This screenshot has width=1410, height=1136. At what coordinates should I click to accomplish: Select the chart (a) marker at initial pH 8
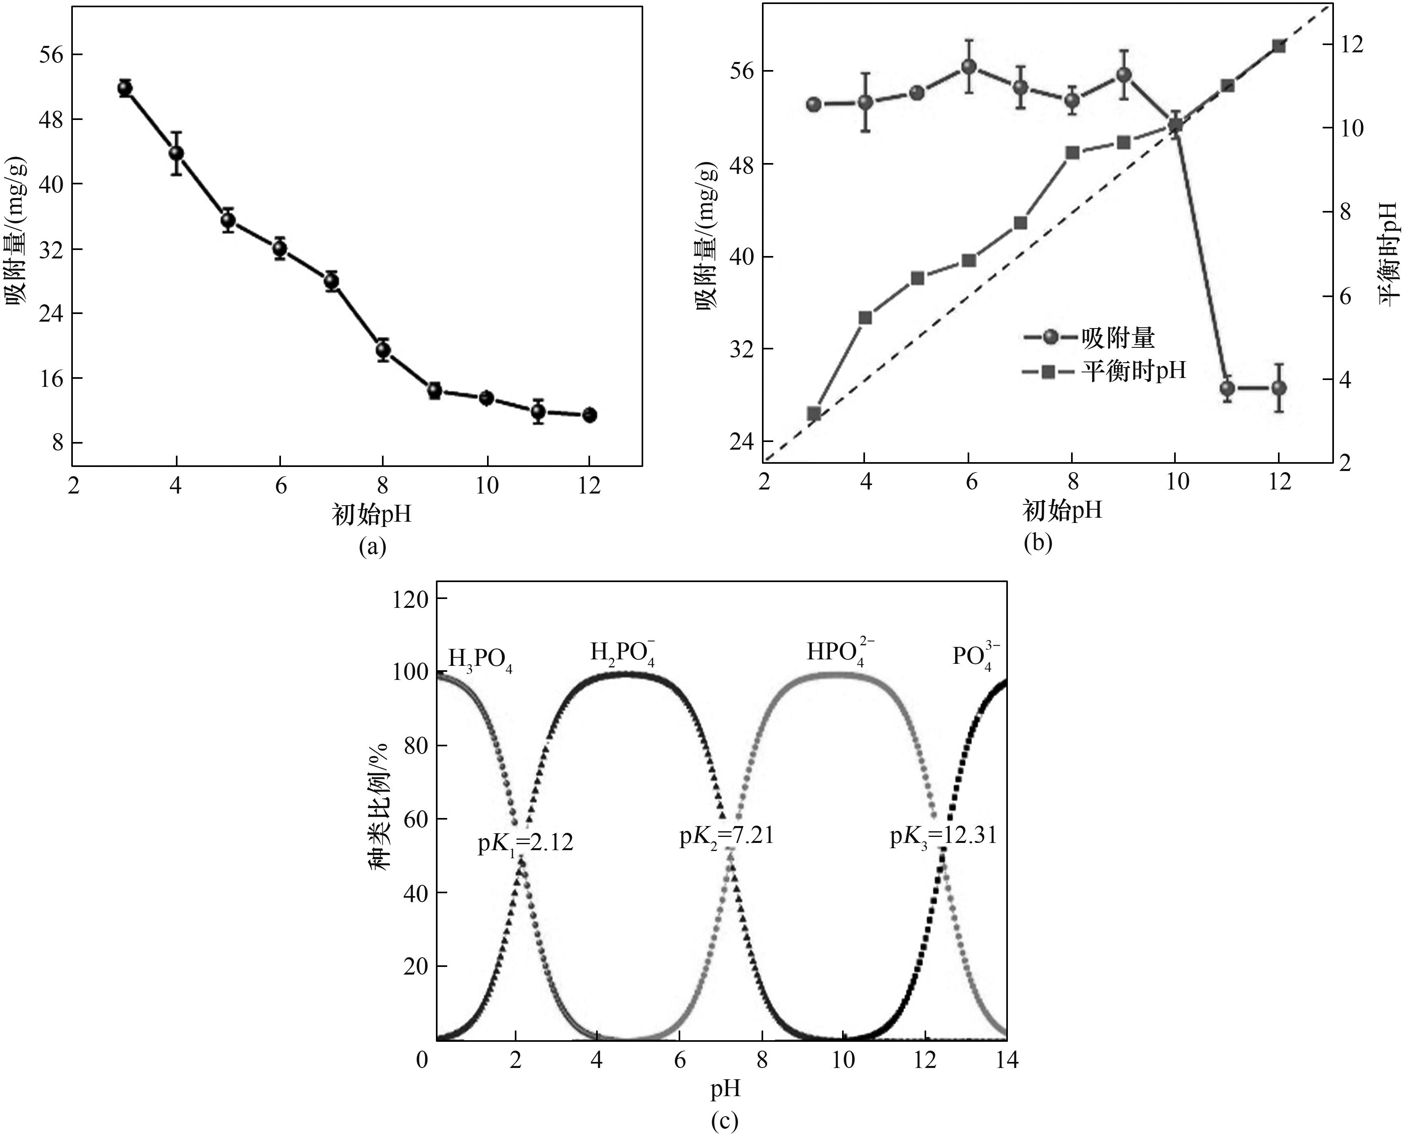383,350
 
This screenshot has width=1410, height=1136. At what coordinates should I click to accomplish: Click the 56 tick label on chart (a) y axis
52,54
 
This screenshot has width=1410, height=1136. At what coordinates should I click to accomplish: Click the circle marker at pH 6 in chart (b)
969,67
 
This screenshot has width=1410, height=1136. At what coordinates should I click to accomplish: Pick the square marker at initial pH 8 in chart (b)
1072,153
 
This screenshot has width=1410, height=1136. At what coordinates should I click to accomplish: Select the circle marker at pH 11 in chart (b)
1227,388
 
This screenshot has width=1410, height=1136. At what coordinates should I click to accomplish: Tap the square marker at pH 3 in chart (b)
814,413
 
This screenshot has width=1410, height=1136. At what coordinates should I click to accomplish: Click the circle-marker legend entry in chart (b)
1089,338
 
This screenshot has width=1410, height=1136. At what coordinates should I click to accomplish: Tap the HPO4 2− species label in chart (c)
840,653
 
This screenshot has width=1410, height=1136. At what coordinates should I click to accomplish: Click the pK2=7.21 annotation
726,836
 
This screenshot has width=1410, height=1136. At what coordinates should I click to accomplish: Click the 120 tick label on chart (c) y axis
410,599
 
